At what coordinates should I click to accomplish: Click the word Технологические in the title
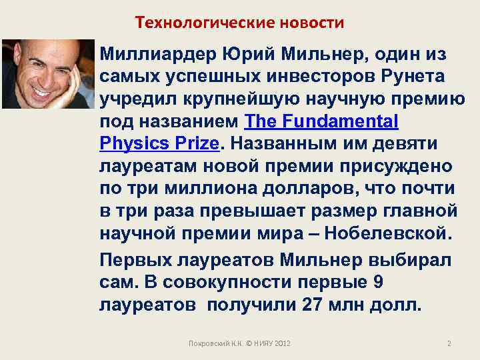[x=191, y=23]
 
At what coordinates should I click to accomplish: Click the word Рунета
[x=414, y=76]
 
